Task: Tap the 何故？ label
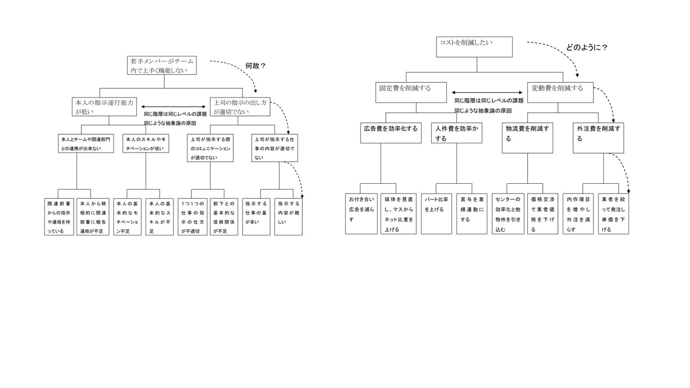[256, 66]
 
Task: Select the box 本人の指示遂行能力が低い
[104, 107]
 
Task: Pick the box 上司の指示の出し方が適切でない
[240, 107]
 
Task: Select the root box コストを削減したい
[474, 46]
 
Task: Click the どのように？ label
[586, 47]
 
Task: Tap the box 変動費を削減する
[560, 92]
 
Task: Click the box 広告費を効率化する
[391, 133]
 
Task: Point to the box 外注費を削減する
[598, 137]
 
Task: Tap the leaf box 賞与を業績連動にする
[472, 213]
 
